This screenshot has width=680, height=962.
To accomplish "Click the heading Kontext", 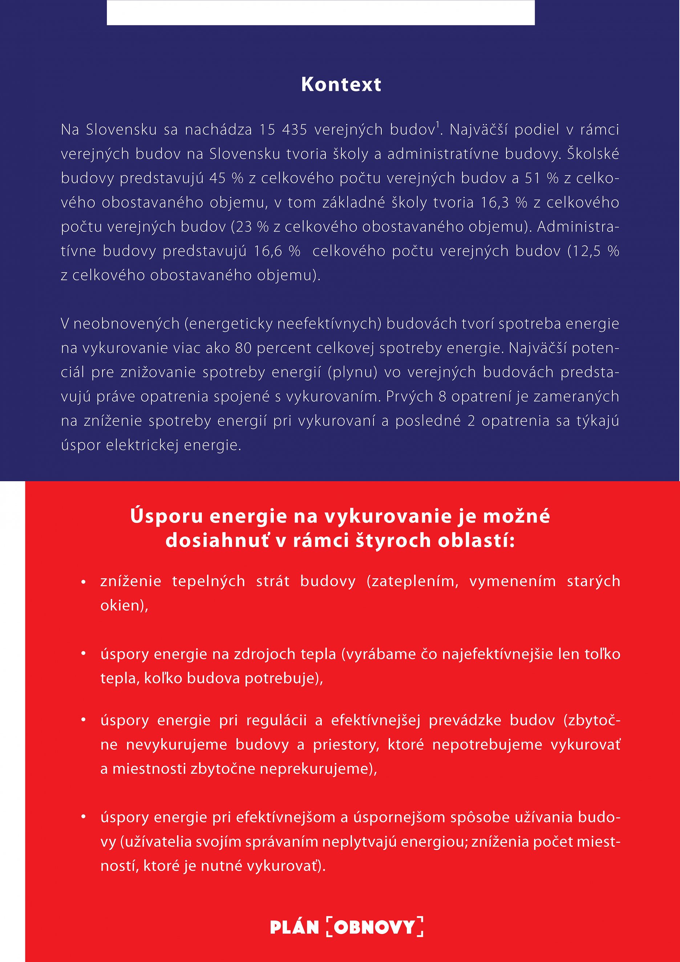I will pyautogui.click(x=341, y=84).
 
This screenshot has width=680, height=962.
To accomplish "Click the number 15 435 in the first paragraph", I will pyautogui.click(x=283, y=130).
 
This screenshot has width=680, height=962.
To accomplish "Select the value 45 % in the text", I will pyautogui.click(x=226, y=178).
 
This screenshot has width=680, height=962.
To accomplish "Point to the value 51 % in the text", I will pyautogui.click(x=542, y=178).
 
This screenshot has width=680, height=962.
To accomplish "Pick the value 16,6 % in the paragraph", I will pyautogui.click(x=277, y=251).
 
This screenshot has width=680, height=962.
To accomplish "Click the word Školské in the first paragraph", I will pyautogui.click(x=592, y=154).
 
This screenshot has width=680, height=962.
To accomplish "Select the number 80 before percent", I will pyautogui.click(x=243, y=348).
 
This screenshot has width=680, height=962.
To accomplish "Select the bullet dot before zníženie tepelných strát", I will pyautogui.click(x=84, y=582).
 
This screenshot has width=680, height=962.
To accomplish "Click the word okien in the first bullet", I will pyautogui.click(x=122, y=605).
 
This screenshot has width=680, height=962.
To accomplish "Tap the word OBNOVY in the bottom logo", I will pyautogui.click(x=375, y=927).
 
